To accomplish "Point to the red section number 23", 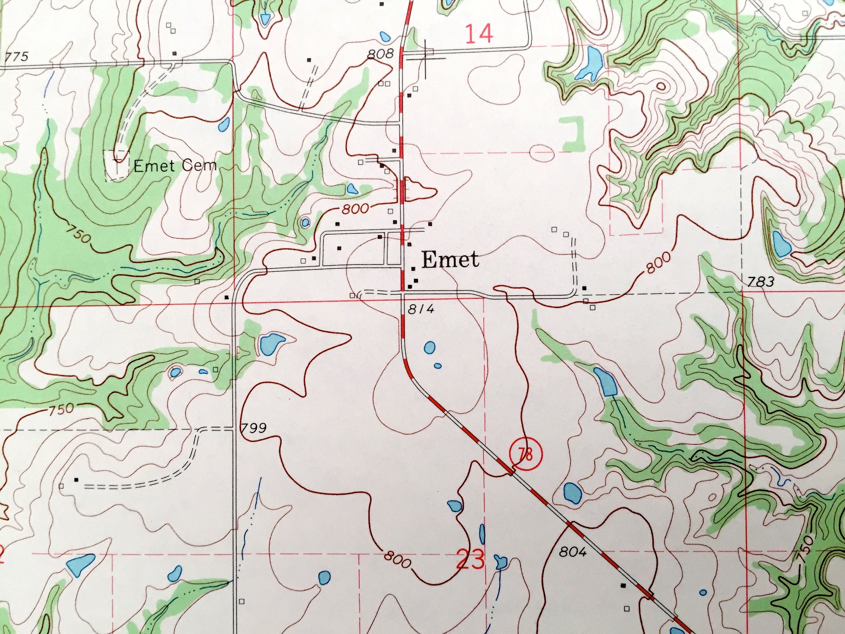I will (471, 560).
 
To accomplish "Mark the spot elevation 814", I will (421, 310).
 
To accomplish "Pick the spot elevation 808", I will (380, 54).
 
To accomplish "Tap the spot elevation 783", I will (760, 282).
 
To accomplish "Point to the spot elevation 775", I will (17, 57).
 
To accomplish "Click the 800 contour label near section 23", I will (397, 560).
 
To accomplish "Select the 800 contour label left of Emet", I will (355, 209).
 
